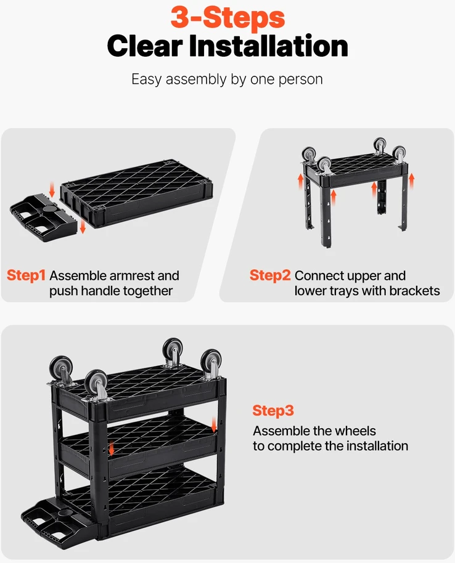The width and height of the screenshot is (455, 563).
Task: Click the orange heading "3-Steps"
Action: [x=227, y=17]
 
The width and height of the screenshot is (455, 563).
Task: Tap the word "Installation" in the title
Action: [x=268, y=46]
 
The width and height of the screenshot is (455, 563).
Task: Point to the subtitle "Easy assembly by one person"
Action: [x=227, y=79]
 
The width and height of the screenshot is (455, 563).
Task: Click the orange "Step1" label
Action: [x=27, y=275]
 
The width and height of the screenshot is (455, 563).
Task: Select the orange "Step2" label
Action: [x=270, y=275]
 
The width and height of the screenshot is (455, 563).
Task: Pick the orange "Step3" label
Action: [x=273, y=410]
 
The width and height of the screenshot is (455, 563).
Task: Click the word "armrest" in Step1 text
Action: [x=131, y=276]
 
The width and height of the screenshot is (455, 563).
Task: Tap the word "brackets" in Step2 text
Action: [x=414, y=291]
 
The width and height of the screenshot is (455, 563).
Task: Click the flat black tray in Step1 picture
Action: [x=137, y=194]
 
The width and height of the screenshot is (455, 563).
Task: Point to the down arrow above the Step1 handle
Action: [x=52, y=190]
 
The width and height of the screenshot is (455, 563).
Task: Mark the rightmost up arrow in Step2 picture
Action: [x=411, y=181]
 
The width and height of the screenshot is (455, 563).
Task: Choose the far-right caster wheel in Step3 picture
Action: [x=211, y=363]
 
